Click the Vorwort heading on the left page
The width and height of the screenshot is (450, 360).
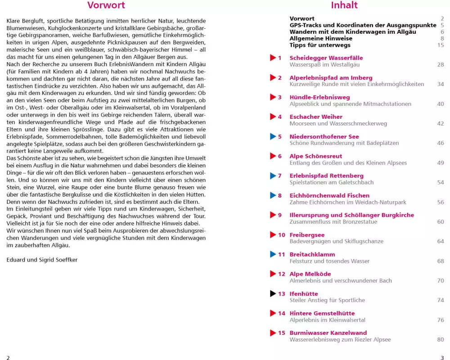click(x=106, y=6)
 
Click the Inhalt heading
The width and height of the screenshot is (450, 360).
click(x=344, y=6)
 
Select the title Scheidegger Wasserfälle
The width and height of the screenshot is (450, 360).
click(x=326, y=58)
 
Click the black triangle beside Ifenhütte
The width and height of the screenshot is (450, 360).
click(x=273, y=294)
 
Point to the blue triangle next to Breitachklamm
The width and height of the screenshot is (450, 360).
click(x=273, y=255)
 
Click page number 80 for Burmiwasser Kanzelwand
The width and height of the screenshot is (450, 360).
click(x=441, y=340)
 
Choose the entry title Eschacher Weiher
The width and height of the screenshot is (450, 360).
click(x=316, y=117)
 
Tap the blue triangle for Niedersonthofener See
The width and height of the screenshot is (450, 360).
click(x=273, y=137)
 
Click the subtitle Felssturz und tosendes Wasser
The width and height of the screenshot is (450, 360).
click(x=329, y=261)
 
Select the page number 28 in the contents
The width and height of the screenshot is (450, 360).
click(x=441, y=65)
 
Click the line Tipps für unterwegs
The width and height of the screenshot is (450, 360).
click(x=320, y=45)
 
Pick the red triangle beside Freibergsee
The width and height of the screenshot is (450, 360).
click(x=273, y=235)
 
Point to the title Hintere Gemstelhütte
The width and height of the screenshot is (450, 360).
click(x=322, y=314)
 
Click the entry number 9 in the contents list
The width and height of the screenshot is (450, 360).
click(x=280, y=215)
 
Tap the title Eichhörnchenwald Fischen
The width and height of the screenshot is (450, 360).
click(x=329, y=196)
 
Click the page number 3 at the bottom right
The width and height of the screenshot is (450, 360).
click(x=442, y=358)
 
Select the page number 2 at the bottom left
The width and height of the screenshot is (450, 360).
click(x=8, y=358)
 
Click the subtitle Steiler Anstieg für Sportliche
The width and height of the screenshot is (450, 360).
click(x=327, y=301)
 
